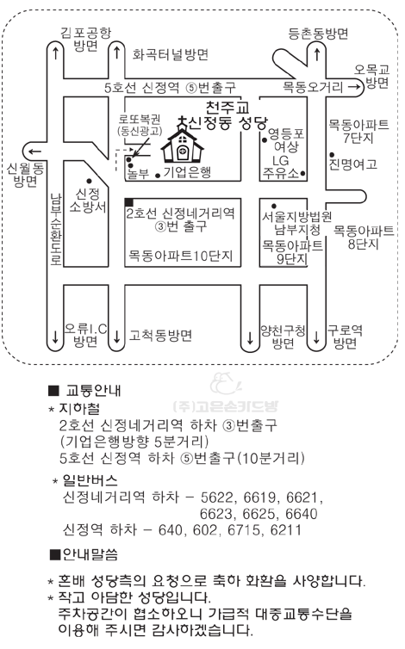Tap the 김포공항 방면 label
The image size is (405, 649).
(86, 39)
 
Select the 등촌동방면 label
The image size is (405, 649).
(318, 34)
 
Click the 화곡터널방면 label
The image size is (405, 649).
(170, 54)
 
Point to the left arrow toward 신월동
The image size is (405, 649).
(33, 151)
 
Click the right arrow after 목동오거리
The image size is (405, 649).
(353, 87)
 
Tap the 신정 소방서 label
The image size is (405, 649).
(88, 201)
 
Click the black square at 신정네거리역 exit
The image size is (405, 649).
(129, 202)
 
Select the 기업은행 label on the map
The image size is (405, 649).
(187, 172)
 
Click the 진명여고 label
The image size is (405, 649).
(352, 164)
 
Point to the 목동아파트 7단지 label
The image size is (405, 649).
(358, 131)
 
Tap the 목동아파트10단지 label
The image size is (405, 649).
(180, 255)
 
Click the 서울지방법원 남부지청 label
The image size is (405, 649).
(296, 223)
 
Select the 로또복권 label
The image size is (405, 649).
(140, 120)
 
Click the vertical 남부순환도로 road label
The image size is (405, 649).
(56, 229)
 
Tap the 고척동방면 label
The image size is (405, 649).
(160, 335)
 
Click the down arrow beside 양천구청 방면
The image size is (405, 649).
(250, 338)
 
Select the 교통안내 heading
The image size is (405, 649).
(85, 390)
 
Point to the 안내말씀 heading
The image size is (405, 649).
(84, 554)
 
